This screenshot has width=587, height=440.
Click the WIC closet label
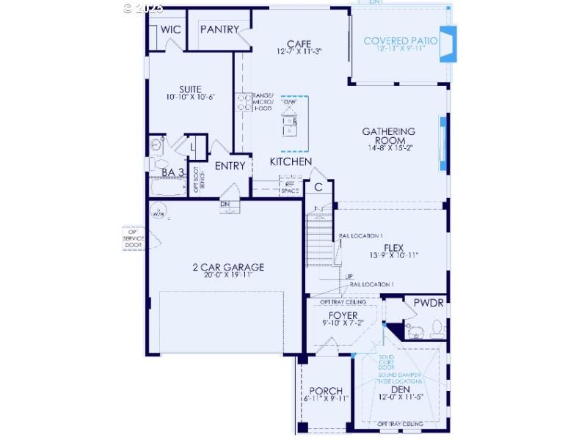pyautogui.click(x=171, y=29)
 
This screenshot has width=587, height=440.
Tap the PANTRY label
pyautogui.click(x=219, y=29)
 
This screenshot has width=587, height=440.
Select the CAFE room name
pyautogui.click(x=299, y=44)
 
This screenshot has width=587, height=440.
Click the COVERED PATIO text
pyautogui.click(x=401, y=41)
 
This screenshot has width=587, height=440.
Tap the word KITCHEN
pyautogui.click(x=291, y=161)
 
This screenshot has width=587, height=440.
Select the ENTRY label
pyautogui.click(x=230, y=166)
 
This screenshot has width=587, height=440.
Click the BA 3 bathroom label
pyautogui.click(x=172, y=172)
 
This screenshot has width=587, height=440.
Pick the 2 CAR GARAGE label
pyautogui.click(x=223, y=267)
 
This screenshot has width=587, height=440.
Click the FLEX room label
pyautogui.click(x=394, y=247)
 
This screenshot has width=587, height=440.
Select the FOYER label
pyautogui.click(x=343, y=315)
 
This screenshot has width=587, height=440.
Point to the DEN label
pyautogui.click(x=400, y=389)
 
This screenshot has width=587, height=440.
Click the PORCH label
pyautogui.click(x=327, y=390)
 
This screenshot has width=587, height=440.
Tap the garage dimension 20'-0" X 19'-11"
pyautogui.click(x=223, y=276)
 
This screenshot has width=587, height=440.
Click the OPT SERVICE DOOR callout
pyautogui.click(x=134, y=238)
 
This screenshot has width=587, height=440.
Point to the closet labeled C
pyautogui.click(x=318, y=187)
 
